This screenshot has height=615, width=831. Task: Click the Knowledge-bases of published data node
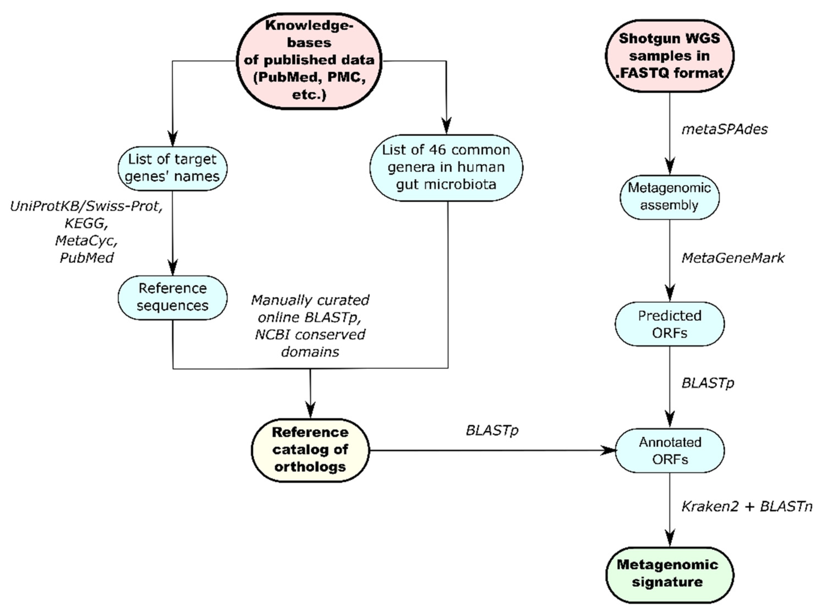[x=309, y=61]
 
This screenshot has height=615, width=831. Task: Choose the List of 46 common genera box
[x=446, y=168]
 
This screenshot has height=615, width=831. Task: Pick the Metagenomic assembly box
[x=669, y=197]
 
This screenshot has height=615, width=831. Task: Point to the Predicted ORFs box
[x=670, y=324]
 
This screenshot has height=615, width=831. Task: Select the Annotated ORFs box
[x=670, y=450]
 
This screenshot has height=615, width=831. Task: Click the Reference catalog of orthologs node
[x=310, y=450]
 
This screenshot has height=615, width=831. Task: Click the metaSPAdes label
[x=724, y=129]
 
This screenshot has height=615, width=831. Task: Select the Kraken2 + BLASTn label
[x=746, y=506]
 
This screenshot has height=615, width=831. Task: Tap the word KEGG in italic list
[x=86, y=223]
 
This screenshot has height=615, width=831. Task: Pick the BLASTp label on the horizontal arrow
[x=492, y=430]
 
